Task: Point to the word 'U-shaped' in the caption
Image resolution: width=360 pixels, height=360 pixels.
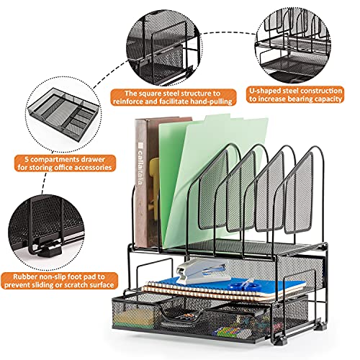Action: (x=266, y=91)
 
